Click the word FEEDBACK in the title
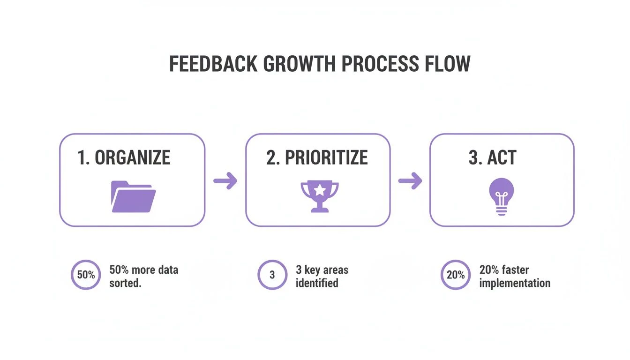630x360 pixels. (x=213, y=64)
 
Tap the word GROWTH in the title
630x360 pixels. (x=299, y=64)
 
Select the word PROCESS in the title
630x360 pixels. (x=380, y=64)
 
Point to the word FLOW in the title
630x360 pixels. (x=448, y=64)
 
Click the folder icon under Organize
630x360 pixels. (x=133, y=196)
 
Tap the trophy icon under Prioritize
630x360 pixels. (x=320, y=196)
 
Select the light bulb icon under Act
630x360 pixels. (x=502, y=196)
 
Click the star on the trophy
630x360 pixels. (x=320, y=190)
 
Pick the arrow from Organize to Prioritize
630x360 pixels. (x=225, y=180)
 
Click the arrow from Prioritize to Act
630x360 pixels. (x=410, y=180)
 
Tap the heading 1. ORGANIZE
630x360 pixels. (x=124, y=157)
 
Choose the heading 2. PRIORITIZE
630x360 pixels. (x=317, y=157)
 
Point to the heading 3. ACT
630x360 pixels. (x=493, y=157)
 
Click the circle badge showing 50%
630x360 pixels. (x=86, y=275)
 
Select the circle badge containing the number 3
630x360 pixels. (x=272, y=275)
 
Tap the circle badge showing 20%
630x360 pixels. (x=456, y=275)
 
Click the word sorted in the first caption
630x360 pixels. (x=125, y=283)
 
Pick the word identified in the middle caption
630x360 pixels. (x=317, y=283)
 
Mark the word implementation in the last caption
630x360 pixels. (x=515, y=284)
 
